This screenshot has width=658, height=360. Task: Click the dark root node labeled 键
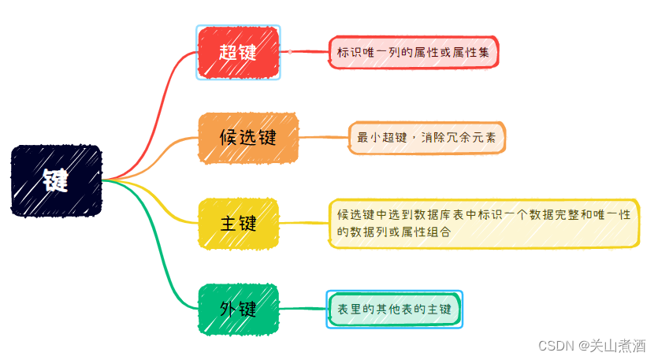tap(57, 180)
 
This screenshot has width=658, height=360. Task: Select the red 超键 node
tap(238, 53)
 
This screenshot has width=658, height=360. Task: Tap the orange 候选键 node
tap(248, 138)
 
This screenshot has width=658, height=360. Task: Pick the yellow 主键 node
tap(238, 223)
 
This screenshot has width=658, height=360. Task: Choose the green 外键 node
tap(238, 308)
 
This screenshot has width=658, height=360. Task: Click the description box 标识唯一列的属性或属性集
tap(414, 53)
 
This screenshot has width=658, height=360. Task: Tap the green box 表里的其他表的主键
tap(394, 310)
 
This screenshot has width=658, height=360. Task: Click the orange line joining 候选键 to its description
tap(323, 138)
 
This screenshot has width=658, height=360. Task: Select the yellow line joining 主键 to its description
tap(303, 223)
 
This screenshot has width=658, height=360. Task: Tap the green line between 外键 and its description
tap(303, 308)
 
